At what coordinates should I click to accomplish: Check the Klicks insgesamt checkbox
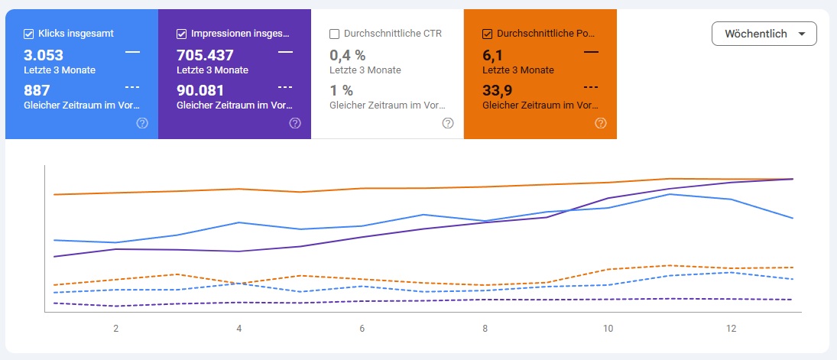click(x=28, y=34)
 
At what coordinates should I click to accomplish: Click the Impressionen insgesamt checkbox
click(x=181, y=34)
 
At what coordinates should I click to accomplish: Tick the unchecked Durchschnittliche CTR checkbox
click(x=334, y=34)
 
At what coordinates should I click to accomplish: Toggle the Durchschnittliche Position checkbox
click(x=487, y=34)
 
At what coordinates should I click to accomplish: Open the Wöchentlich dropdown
click(x=764, y=34)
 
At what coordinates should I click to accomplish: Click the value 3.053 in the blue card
click(x=44, y=55)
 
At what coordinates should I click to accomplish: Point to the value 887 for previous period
click(x=37, y=90)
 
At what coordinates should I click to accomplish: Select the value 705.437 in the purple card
click(x=205, y=55)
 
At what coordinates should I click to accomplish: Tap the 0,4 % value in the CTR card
click(x=348, y=55)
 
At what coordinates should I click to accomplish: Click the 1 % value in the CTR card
click(x=341, y=90)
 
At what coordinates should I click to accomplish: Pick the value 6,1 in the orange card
click(x=492, y=55)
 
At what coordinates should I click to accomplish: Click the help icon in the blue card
click(x=142, y=123)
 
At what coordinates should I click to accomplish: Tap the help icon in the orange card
click(x=601, y=123)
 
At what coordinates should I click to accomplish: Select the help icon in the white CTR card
click(x=448, y=123)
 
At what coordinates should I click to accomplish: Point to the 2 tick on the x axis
click(x=116, y=329)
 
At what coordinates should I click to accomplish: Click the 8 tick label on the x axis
click(x=485, y=329)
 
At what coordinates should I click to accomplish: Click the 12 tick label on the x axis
click(x=732, y=329)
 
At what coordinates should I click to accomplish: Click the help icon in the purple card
click(x=295, y=123)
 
